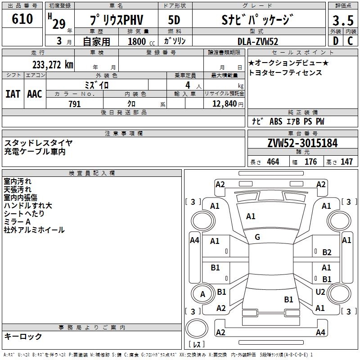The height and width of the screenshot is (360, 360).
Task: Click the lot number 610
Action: pos(22,18)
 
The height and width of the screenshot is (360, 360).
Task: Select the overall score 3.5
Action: pos(343,20)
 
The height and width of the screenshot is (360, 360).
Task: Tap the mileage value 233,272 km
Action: pos(53,65)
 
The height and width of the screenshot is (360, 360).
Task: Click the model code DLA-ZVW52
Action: pos(258,41)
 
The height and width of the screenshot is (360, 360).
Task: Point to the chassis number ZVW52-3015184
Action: pos(302,143)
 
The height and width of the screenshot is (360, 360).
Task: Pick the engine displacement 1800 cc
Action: pos(141,41)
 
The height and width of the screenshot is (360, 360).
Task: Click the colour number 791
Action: pos(75,104)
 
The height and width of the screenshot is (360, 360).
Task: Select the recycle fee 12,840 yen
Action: pos(228,104)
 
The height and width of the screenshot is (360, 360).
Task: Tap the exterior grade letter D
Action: pos(336,41)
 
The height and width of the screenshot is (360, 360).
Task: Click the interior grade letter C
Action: pos(350,41)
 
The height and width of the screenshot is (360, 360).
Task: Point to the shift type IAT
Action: pos(13,94)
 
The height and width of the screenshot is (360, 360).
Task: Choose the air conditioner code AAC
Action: pos(35,94)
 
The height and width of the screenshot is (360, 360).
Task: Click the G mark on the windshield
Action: pos(257,237)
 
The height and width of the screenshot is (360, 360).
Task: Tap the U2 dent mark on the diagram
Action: pos(320,292)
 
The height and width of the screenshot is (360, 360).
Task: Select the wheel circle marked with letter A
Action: pos(203,294)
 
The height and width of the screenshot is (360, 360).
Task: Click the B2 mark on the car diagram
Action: pos(327,252)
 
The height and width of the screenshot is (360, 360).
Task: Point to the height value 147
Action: pos(346,162)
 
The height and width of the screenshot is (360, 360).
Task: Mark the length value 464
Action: pos(273,162)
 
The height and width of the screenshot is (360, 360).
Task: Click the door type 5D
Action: pos(174,20)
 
